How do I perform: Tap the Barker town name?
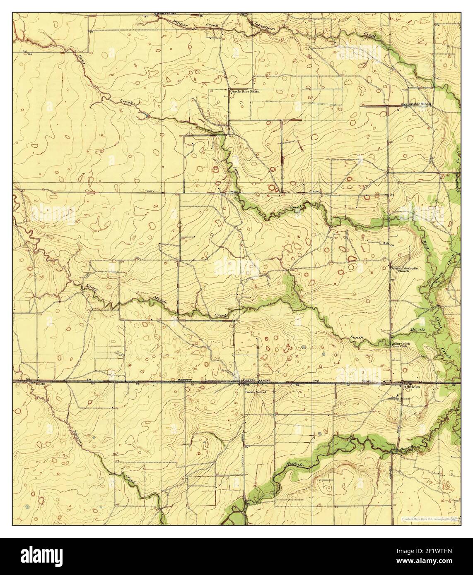[248, 379]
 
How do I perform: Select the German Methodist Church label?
[405, 270]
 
